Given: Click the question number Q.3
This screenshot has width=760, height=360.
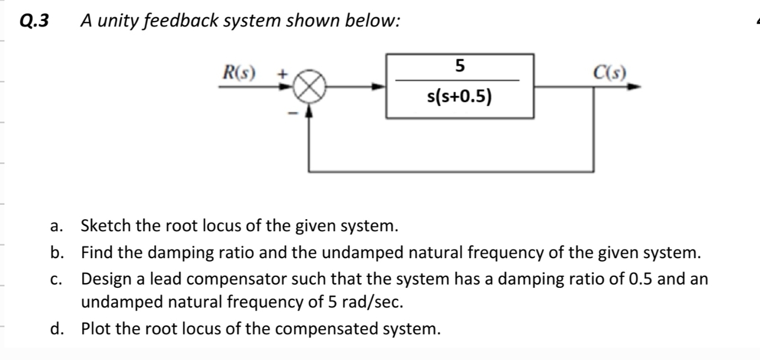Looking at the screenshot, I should pos(34,21).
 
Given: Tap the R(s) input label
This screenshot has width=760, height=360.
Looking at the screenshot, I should pos(238,72).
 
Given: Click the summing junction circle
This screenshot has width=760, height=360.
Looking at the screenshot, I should pos(310,86).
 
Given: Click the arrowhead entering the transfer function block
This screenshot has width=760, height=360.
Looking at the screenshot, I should pos(381,86).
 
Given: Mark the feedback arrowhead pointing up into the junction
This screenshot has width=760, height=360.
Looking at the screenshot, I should pos(310,110).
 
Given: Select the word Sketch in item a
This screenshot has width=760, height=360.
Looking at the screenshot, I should pos(104,226).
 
